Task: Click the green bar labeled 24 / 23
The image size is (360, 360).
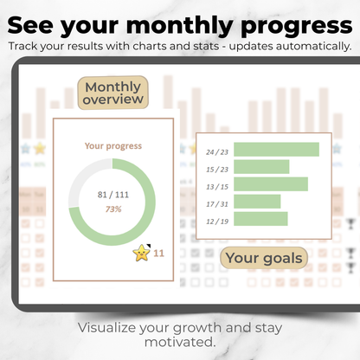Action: [x=276, y=150]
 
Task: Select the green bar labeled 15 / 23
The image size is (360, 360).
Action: [x=261, y=167]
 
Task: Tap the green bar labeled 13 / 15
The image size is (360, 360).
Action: [x=271, y=184]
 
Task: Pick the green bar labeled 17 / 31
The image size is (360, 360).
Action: [x=257, y=202]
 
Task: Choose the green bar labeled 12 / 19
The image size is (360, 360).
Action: [x=260, y=219]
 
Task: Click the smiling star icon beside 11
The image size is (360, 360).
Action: [x=141, y=253]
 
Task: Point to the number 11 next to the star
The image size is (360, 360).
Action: [x=158, y=254]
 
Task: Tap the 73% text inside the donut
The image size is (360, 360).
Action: [x=113, y=209]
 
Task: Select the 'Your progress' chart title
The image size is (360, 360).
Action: [x=113, y=146]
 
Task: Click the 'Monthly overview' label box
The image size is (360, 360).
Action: [x=112, y=94]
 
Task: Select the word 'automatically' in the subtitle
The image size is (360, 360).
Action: [x=312, y=45]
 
